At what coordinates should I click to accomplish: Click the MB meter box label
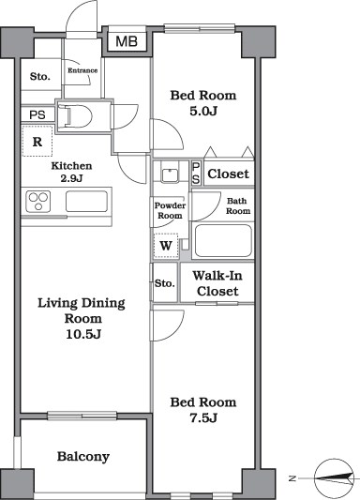(127, 41)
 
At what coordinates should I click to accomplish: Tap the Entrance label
(82, 70)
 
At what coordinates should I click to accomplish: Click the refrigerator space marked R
(37, 142)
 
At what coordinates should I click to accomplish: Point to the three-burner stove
(38, 202)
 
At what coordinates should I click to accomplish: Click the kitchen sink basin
(86, 201)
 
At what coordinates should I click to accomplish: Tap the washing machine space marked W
(166, 246)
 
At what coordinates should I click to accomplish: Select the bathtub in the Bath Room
(223, 241)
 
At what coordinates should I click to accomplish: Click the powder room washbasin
(170, 174)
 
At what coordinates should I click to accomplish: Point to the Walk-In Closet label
(217, 283)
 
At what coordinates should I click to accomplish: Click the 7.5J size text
(203, 417)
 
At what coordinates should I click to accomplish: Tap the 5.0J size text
(203, 111)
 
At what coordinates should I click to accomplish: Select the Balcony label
(83, 457)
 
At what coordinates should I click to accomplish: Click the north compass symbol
(334, 478)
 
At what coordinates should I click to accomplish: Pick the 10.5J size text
(83, 334)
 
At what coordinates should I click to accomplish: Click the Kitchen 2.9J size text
(71, 178)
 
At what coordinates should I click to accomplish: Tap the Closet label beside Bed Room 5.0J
(228, 174)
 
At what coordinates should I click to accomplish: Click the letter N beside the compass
(292, 478)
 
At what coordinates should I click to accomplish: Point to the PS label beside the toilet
(37, 114)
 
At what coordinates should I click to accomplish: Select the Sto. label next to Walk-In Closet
(165, 283)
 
